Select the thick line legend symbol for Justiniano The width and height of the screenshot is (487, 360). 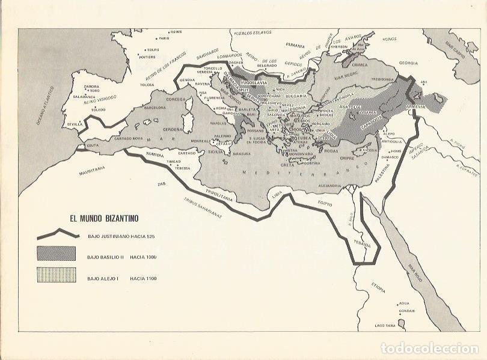point(57,236)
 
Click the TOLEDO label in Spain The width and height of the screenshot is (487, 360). point(98,109)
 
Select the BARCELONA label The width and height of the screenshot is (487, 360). point(155,108)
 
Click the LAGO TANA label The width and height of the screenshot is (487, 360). point(385,325)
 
